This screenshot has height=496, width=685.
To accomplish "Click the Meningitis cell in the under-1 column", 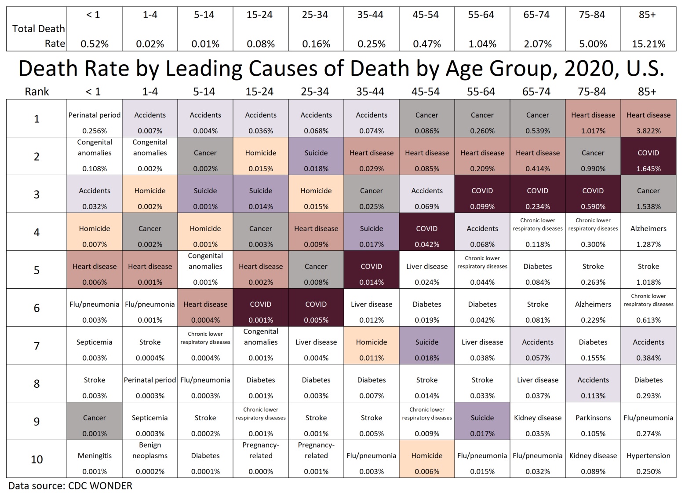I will [95, 459].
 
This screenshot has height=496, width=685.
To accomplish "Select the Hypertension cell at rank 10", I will [648, 459].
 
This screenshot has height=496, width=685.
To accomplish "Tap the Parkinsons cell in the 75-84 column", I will [593, 421].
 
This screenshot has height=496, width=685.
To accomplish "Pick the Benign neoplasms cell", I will [150, 459].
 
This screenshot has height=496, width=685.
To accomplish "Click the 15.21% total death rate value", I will [648, 44].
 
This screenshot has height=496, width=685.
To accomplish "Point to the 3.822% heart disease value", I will [648, 131].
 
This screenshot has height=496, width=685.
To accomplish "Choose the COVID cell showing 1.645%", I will [648, 156].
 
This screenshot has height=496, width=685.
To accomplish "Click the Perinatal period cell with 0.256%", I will [95, 118].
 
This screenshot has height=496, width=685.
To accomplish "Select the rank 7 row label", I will [36, 345].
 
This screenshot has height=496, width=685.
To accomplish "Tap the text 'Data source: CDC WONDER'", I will [70, 486].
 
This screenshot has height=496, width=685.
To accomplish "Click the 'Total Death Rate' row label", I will [39, 36].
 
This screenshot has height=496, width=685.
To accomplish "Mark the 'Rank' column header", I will [36, 92].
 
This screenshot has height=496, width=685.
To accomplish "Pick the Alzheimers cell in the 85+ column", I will [648, 232].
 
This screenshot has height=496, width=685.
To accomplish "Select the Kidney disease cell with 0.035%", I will [537, 421].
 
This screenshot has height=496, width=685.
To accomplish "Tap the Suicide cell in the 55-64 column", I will [482, 421].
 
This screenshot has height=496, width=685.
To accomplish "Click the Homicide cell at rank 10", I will [426, 459].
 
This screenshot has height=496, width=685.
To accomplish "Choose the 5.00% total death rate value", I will [593, 44].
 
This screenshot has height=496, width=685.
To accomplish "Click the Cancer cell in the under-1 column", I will [95, 421].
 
